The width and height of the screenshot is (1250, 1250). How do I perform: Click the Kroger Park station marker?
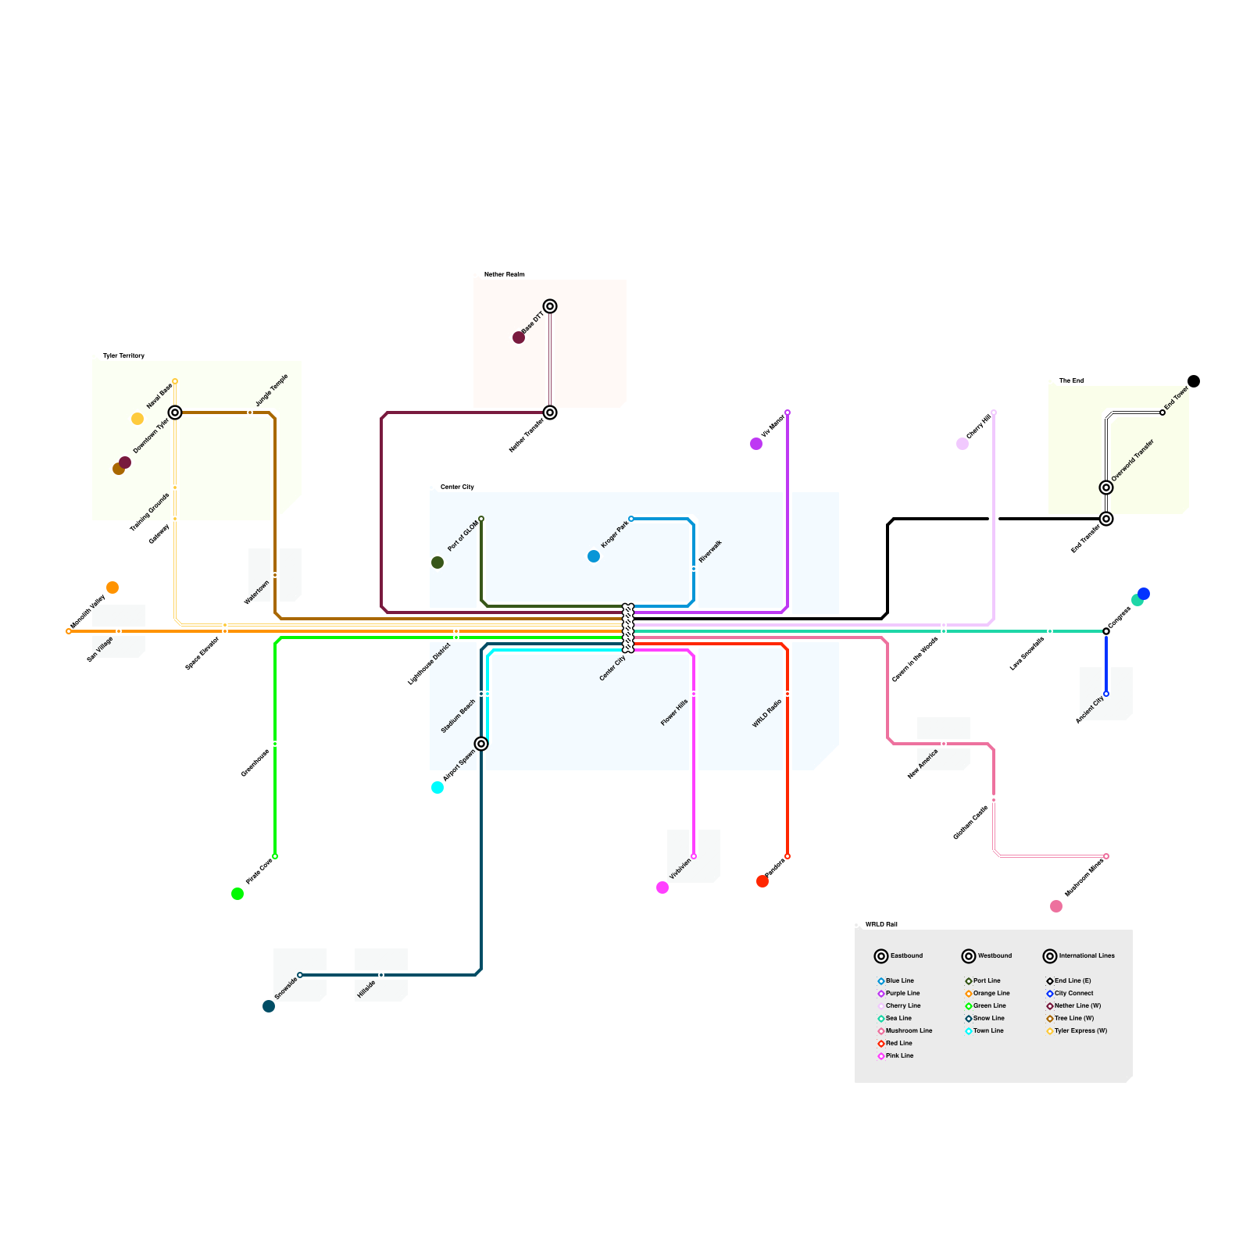(631, 519)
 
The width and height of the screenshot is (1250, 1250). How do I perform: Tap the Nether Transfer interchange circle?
(550, 412)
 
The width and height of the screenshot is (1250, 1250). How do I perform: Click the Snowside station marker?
(300, 975)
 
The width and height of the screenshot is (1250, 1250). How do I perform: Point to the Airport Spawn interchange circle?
(481, 744)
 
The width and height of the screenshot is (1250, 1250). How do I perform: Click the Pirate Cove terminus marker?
(275, 856)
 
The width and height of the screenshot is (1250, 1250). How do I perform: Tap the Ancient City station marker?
(1106, 694)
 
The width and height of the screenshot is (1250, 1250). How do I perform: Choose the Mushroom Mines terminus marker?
(1106, 856)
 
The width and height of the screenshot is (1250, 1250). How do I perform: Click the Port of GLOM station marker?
(481, 519)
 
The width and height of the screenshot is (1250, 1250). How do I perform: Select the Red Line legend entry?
(898, 1043)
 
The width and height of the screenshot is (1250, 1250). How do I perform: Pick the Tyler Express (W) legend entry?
(1080, 1030)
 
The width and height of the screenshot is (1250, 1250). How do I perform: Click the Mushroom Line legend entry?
(909, 1030)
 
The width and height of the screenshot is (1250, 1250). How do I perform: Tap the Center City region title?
(457, 487)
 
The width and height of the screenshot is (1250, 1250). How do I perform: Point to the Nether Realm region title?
(504, 274)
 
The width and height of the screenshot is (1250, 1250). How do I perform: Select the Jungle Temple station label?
(272, 389)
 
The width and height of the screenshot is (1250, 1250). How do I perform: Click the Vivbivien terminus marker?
(694, 856)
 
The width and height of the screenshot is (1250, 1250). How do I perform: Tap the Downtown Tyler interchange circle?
(175, 412)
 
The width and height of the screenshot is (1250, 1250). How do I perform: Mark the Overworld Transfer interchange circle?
(1106, 487)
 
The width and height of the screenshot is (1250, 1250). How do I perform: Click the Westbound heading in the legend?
(995, 955)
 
